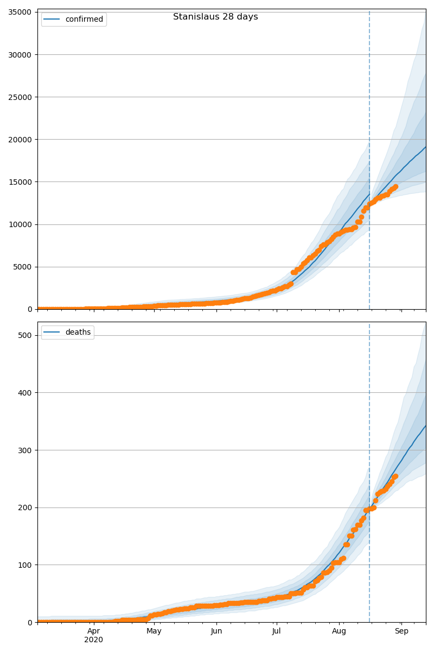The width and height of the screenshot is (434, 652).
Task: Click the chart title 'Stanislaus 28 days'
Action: coord(215,17)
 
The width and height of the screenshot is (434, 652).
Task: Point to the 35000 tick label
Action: coord(19,12)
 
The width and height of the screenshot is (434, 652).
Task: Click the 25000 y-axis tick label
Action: coord(19,97)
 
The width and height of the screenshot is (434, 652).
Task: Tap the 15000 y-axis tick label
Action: coord(19,181)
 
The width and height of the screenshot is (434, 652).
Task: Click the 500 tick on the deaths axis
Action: coord(25,335)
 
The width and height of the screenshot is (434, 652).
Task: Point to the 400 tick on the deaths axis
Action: coord(25,392)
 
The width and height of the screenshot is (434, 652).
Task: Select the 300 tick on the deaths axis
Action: coord(25,450)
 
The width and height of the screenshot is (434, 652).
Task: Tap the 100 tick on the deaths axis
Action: coord(25,565)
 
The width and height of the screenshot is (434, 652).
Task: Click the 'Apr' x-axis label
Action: coord(94,631)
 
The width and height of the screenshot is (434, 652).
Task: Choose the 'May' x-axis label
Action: coord(154,631)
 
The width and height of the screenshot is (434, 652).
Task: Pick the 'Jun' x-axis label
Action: coord(216,631)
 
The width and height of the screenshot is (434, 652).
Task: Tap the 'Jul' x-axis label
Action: coord(276,631)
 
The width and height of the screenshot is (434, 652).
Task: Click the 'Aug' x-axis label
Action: coord(339,631)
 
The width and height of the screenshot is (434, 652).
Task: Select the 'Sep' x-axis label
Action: coord(401,631)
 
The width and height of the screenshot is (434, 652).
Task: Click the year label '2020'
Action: coord(94,640)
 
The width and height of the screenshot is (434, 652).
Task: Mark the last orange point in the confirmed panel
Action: coord(395,187)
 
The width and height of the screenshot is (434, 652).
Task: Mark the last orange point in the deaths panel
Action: coord(395,477)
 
